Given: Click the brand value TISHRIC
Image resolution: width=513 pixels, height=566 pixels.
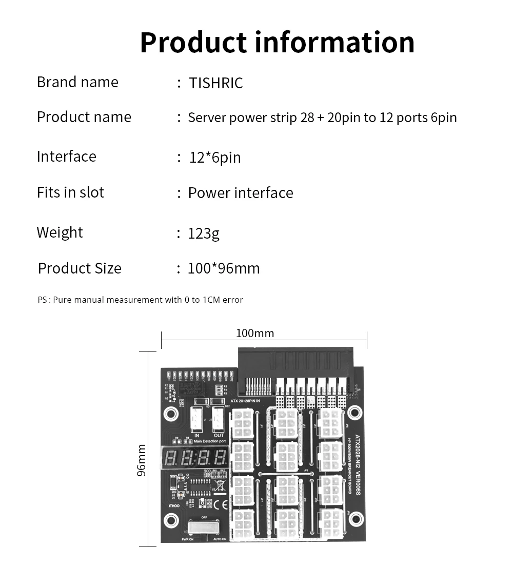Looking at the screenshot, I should click(x=215, y=83).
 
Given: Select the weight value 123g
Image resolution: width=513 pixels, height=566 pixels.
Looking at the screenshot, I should click(x=204, y=233).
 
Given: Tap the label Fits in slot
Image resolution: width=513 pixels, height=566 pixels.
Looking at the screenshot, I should click(x=70, y=192).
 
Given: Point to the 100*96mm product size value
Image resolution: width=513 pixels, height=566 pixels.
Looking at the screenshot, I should click(x=224, y=268).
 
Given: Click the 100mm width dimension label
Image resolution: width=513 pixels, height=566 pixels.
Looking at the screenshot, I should click(x=255, y=334).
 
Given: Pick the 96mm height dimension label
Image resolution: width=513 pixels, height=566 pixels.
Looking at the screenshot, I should click(x=142, y=460).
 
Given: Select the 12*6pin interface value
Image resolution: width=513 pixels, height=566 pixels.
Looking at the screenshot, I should click(x=215, y=158).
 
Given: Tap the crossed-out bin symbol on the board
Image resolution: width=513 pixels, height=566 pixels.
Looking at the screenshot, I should click(x=220, y=484).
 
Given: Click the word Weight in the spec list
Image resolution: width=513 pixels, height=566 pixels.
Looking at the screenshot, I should click(x=60, y=232).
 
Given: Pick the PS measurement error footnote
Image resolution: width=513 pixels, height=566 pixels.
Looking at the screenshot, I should click(x=140, y=300).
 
